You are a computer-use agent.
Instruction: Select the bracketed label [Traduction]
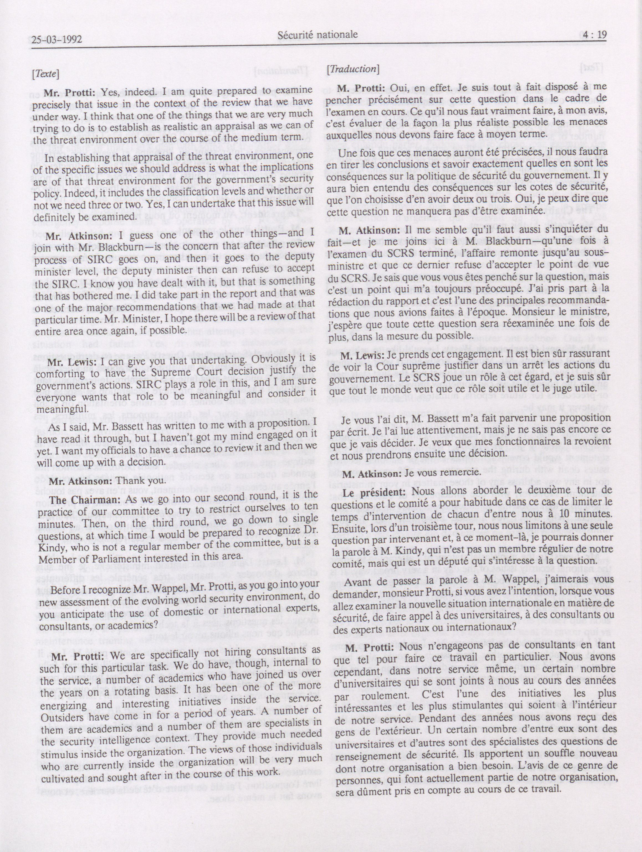point(352,69)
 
